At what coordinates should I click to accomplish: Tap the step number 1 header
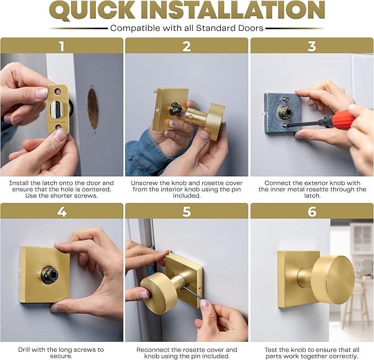[62, 46]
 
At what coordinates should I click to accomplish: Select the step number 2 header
[187, 46]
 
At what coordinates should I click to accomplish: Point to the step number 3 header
[312, 46]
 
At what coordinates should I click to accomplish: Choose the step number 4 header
[62, 211]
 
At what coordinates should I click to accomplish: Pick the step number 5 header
[187, 211]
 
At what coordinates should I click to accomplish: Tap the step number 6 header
[312, 211]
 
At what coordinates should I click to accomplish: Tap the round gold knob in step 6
[333, 279]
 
